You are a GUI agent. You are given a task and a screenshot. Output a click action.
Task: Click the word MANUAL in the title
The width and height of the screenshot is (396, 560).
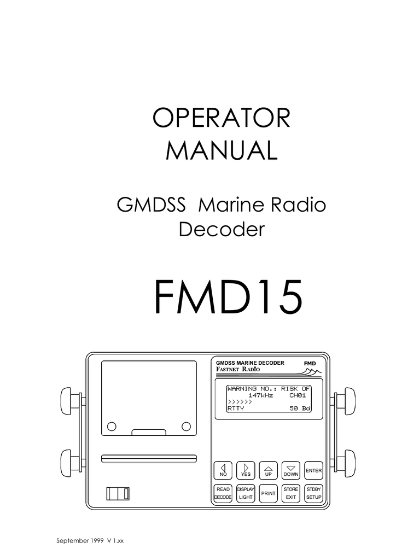click(221, 150)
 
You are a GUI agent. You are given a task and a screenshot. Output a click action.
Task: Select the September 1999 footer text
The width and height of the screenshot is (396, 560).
click(81, 541)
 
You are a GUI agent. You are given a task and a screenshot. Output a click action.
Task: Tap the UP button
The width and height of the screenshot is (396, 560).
click(268, 470)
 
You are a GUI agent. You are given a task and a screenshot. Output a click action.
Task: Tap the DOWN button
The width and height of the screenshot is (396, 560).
click(291, 470)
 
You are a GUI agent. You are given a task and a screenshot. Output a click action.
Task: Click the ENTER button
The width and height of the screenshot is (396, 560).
click(314, 470)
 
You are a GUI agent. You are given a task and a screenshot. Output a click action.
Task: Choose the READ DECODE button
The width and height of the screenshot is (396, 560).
click(223, 493)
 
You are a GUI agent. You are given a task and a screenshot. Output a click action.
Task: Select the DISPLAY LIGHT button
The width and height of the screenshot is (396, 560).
click(246, 493)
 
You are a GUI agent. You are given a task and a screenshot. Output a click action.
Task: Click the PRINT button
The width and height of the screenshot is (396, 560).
click(268, 493)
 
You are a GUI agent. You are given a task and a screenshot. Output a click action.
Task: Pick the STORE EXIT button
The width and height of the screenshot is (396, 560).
click(291, 493)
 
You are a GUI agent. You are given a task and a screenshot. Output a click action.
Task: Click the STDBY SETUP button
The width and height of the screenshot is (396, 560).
click(314, 493)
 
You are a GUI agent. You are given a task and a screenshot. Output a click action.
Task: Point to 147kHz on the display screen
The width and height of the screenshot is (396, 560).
click(260, 395)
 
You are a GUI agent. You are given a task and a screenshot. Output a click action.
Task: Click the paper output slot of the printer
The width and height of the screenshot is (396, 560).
click(149, 457)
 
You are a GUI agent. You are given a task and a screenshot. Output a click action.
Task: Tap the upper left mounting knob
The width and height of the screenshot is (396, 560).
click(69, 401)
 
